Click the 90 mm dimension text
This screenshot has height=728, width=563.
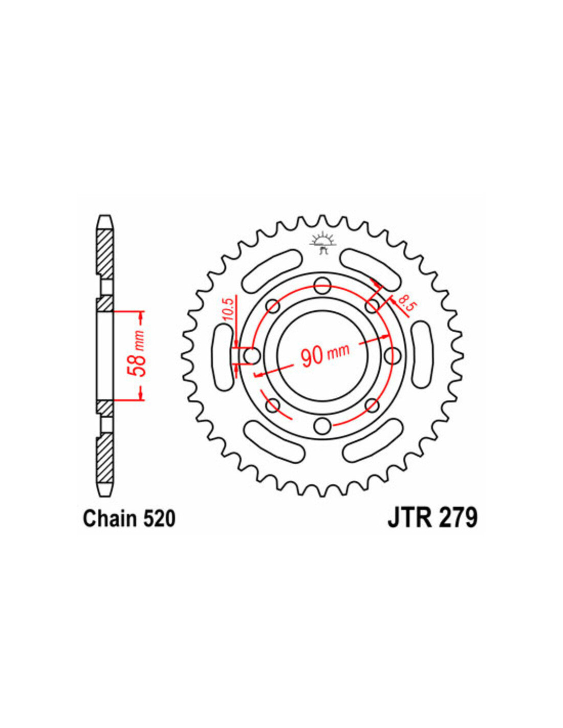[x=325, y=354]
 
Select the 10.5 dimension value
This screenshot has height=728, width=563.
[x=228, y=309]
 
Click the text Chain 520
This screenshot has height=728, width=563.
[x=129, y=518]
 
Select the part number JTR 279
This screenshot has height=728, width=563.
[x=432, y=517]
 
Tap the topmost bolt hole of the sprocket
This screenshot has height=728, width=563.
[x=322, y=285]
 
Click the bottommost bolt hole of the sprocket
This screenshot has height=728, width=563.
[x=322, y=425]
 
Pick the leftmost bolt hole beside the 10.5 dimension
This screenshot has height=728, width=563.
[x=251, y=355]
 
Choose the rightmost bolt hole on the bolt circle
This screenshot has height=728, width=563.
[x=393, y=355]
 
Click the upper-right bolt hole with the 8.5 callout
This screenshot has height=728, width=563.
[x=373, y=306]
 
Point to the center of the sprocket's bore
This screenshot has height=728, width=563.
[x=322, y=355]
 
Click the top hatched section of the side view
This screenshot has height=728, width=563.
[x=104, y=252]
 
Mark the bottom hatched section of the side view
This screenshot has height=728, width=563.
[x=104, y=457]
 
